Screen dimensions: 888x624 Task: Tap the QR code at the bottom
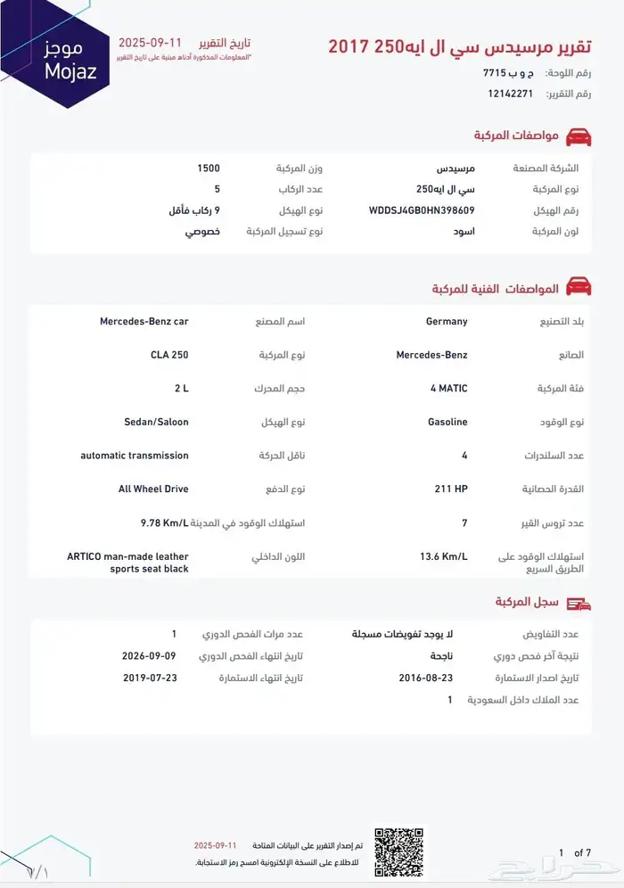[398, 851]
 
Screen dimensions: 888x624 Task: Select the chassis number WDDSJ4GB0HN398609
[422, 211]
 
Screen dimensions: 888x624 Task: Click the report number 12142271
[510, 94]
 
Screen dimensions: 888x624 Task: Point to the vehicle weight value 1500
[209, 168]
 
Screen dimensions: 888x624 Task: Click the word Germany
[447, 321]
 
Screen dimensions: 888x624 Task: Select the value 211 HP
[451, 489]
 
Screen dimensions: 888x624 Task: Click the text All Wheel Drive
[153, 489]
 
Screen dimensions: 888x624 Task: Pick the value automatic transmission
[135, 456]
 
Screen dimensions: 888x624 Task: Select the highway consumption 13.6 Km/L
[444, 556]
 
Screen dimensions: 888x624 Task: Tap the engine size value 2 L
[182, 389]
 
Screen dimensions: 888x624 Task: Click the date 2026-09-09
[150, 655]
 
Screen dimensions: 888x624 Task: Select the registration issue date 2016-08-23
[426, 678]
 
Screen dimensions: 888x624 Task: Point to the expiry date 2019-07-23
[150, 678]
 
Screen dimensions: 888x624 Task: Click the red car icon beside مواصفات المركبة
[579, 136]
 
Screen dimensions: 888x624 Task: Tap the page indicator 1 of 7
[575, 853]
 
